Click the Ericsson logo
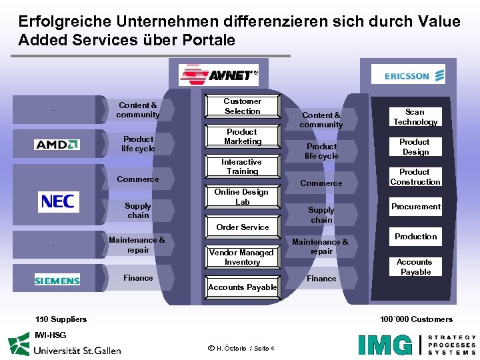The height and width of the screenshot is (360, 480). pos(414,76)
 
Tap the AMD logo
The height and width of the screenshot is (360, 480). pos(57,144)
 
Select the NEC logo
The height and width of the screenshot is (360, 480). pos(58,201)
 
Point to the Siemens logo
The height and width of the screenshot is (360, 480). pos(57,281)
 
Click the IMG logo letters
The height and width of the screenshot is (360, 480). pos(385,344)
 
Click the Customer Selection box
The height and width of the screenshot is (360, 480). pos(242,107)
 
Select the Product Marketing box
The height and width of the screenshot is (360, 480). pos(242,137)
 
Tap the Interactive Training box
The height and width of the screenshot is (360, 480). pos(242,167)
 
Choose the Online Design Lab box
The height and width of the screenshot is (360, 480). pos(242,197)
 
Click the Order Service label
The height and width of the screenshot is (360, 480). pos(243,227)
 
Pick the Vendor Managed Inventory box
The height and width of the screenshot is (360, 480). pos(242,257)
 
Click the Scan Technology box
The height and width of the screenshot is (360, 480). pos(415,117)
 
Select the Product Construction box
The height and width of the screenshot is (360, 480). pos(415,177)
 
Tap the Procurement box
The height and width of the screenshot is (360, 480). pos(415,207)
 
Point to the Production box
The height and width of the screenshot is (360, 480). pos(415,237)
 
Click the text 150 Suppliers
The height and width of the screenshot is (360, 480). pos(61,319)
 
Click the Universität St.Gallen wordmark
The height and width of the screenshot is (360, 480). pos(77,349)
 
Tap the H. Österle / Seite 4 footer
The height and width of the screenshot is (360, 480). pos(241,348)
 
